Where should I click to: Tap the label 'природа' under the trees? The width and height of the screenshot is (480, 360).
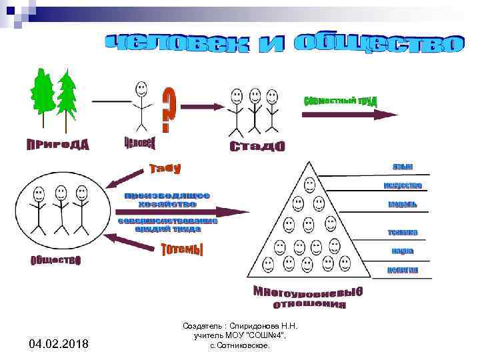coord(57,145)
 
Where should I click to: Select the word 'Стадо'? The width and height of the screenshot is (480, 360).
coord(257,145)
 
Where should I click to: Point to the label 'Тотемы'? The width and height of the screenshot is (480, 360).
coord(182,250)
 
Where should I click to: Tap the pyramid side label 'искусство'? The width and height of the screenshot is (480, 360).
coord(403,185)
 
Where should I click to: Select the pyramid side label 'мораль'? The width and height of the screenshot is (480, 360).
coord(403,203)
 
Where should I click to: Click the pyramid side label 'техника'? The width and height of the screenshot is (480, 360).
coord(403,232)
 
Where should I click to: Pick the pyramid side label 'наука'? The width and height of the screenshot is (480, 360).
coord(403,251)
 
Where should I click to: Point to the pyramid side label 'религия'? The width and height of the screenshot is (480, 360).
coord(403,270)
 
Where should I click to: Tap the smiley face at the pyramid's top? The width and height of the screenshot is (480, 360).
coord(309,185)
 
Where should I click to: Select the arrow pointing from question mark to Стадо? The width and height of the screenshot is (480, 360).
coord(203,106)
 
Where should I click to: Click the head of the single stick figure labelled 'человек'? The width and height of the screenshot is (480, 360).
coord(141,88)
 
